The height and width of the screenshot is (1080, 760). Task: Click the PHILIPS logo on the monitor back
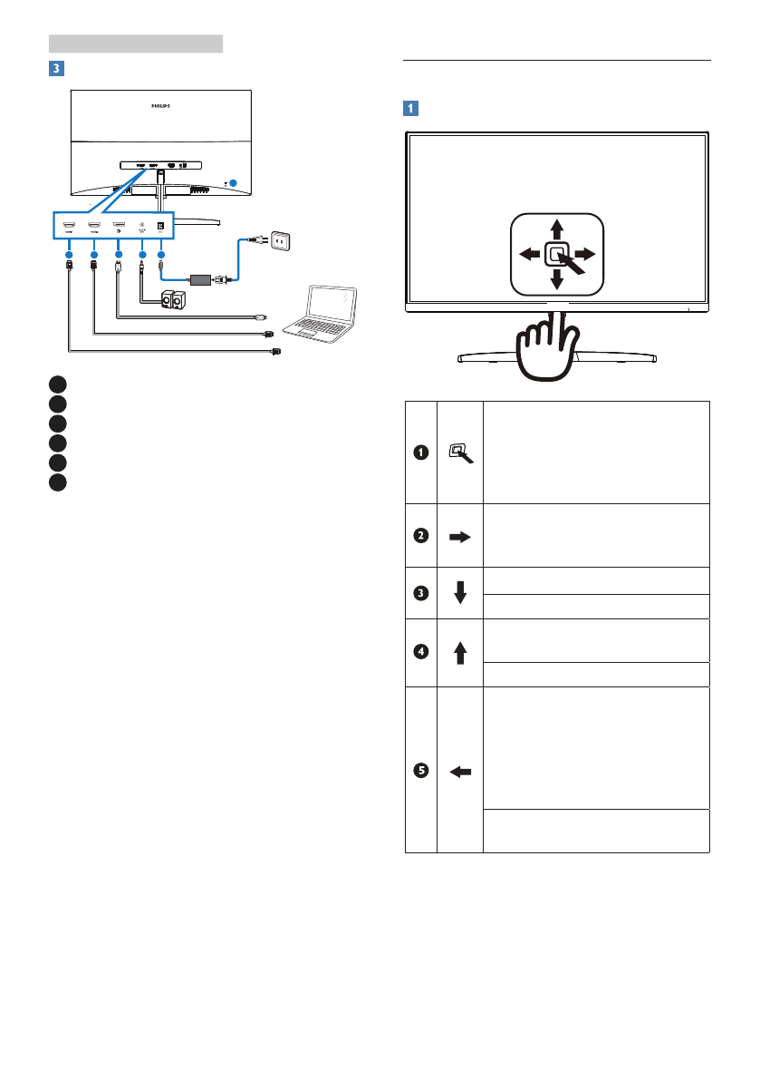click(159, 105)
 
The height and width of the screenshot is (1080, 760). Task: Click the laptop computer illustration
click(322, 314)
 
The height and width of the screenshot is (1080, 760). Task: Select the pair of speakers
click(173, 299)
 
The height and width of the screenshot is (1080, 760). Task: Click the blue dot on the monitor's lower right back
click(233, 182)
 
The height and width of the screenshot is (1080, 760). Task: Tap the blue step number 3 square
click(56, 68)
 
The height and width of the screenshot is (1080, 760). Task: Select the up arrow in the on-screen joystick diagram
click(556, 227)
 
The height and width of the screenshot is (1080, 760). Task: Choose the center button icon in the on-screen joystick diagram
click(556, 254)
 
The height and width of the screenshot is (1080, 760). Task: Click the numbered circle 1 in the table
click(419, 452)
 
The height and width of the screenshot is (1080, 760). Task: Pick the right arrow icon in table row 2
click(459, 536)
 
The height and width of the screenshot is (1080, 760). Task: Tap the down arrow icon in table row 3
click(459, 593)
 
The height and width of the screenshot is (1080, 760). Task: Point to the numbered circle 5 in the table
click(419, 771)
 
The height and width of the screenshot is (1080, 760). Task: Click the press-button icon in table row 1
click(459, 452)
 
